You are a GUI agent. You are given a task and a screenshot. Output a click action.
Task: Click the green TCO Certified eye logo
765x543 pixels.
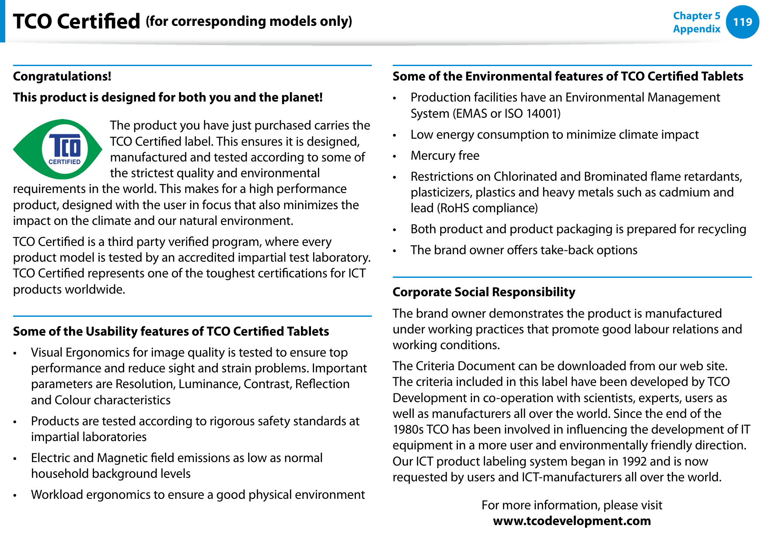[57, 149]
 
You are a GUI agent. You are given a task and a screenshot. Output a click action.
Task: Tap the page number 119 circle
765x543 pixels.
[742, 22]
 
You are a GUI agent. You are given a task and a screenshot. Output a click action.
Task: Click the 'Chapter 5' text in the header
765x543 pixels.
[696, 16]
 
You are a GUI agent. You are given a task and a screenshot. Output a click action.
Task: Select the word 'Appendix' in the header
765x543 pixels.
[696, 29]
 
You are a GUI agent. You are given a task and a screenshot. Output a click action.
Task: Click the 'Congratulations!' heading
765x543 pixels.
[62, 76]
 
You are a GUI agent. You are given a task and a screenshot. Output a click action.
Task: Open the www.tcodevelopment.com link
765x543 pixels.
[572, 521]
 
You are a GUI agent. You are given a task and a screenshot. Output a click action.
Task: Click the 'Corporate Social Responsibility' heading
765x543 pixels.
[484, 292]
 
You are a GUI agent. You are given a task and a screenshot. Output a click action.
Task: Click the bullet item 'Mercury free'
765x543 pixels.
[445, 156]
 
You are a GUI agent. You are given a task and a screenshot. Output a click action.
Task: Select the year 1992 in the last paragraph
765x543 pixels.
[634, 461]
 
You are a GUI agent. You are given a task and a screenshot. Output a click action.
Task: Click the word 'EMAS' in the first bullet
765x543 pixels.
[472, 114]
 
